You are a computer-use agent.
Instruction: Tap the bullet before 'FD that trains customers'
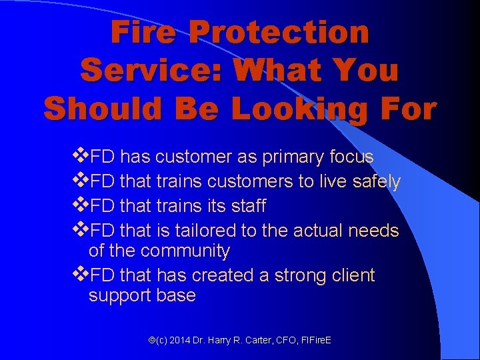click(81, 181)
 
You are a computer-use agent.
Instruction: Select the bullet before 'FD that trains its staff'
click(81, 205)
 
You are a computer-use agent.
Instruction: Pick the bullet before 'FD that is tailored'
click(81, 230)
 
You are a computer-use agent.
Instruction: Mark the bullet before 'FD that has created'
click(81, 274)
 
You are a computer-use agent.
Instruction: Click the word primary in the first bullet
click(292, 157)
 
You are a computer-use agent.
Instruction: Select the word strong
click(299, 275)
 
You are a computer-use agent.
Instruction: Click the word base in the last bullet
click(177, 296)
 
